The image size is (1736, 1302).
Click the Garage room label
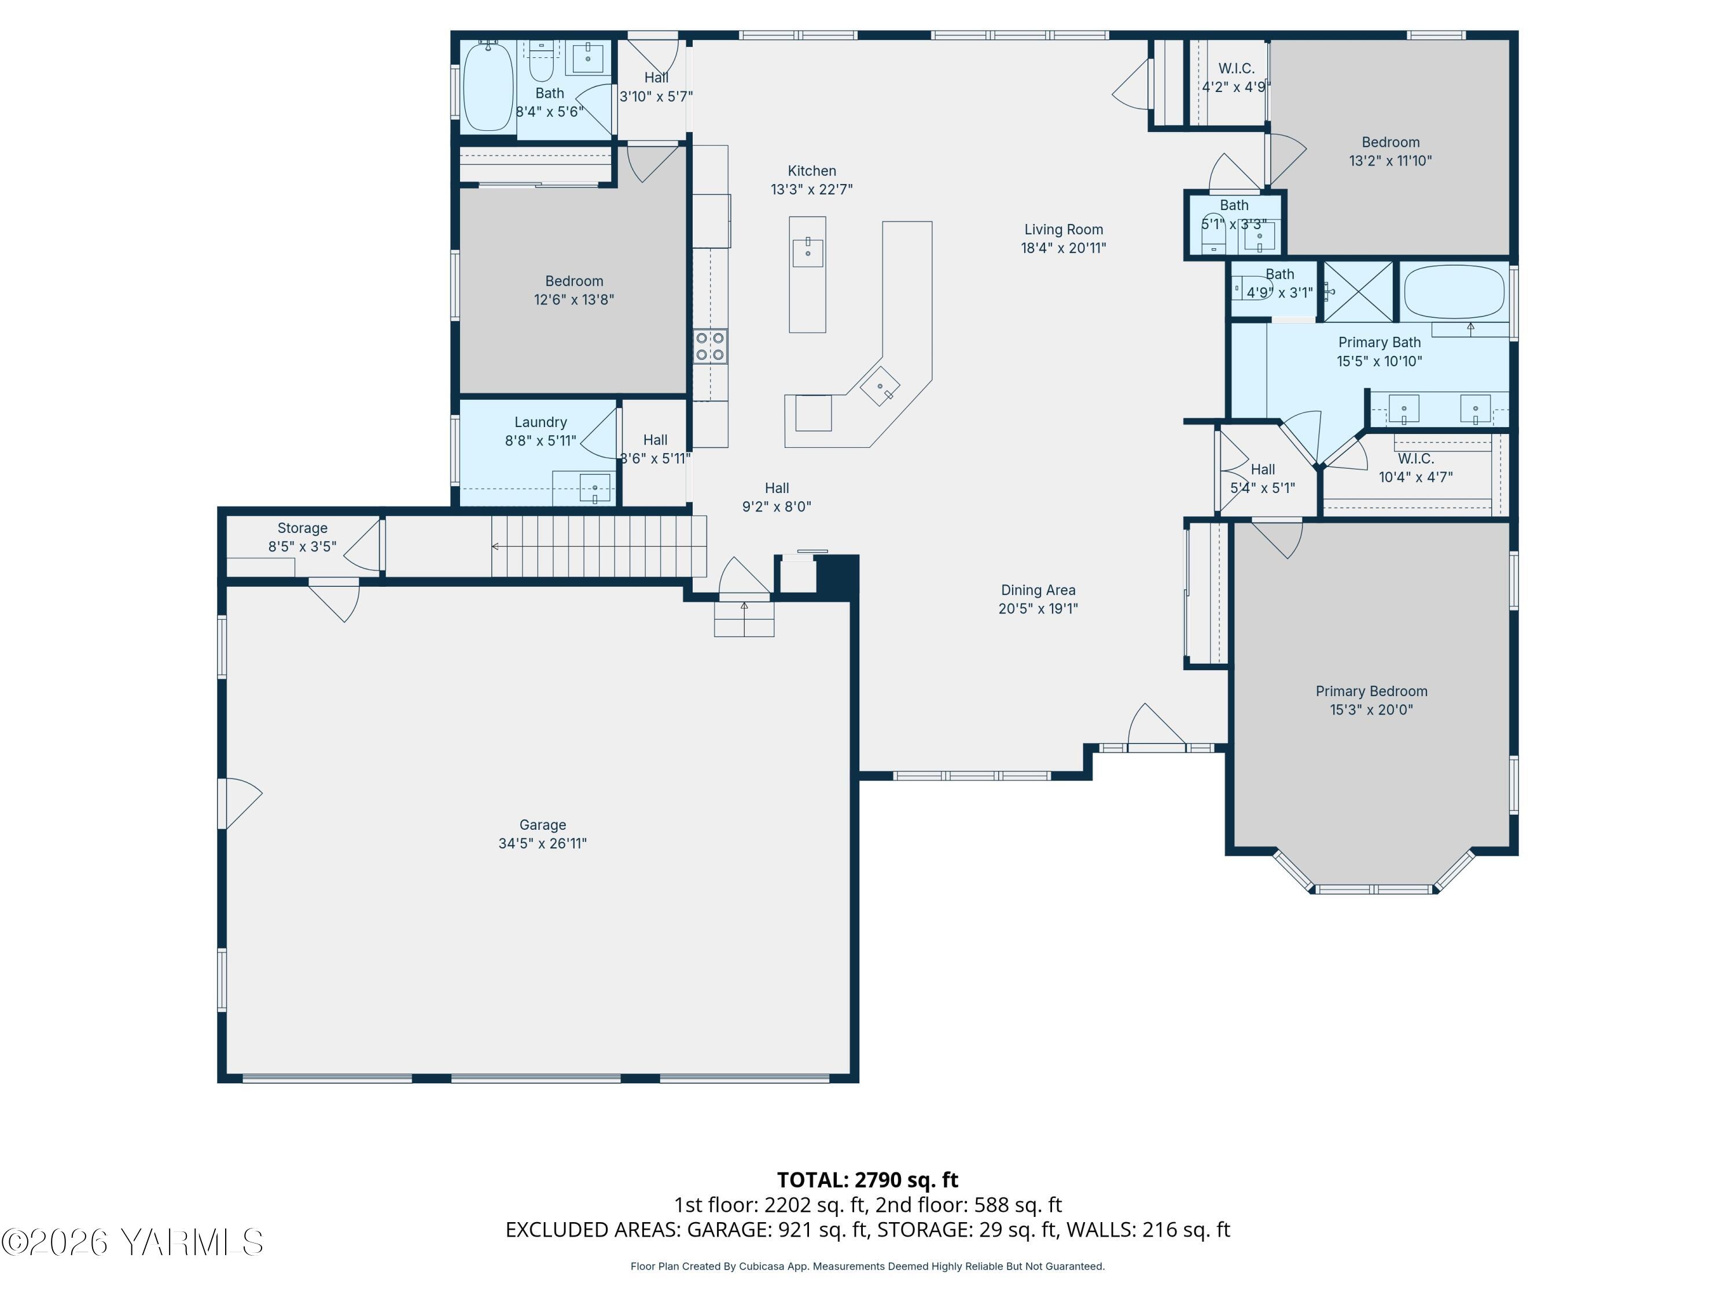tap(542, 825)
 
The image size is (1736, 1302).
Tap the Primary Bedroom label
tap(1371, 692)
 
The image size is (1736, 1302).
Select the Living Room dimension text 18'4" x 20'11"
tap(1064, 248)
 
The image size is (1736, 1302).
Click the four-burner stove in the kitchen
tap(709, 346)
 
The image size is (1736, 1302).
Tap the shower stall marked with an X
tap(1359, 291)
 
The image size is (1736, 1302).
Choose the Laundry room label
tap(540, 422)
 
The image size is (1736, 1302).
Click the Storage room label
tap(302, 529)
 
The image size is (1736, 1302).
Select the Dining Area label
tap(1038, 590)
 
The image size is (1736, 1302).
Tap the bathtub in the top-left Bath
tap(489, 86)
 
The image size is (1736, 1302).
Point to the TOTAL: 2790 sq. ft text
tap(867, 1180)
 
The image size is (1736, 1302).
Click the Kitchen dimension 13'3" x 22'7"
tap(811, 189)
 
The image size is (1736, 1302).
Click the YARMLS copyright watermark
tap(132, 1242)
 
